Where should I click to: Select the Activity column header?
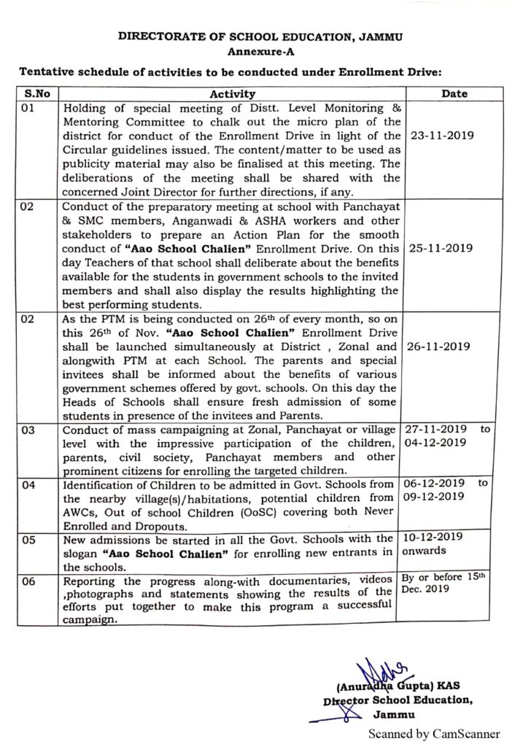233,93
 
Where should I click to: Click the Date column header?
454,93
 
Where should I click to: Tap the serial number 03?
28,432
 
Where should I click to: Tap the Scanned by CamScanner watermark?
434,734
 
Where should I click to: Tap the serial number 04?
28,483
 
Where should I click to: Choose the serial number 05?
28,540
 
